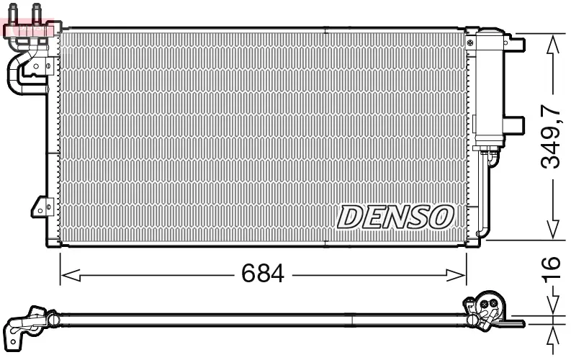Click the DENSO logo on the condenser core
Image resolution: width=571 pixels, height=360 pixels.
[x=395, y=216]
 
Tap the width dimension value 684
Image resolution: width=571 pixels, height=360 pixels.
[x=262, y=274]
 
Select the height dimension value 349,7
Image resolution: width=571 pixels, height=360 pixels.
[x=551, y=137]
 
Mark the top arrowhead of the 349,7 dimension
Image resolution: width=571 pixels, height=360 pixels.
[x=552, y=43]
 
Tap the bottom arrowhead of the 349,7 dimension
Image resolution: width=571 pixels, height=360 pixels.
[x=552, y=230]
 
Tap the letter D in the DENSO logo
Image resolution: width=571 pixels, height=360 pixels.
[x=350, y=216]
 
